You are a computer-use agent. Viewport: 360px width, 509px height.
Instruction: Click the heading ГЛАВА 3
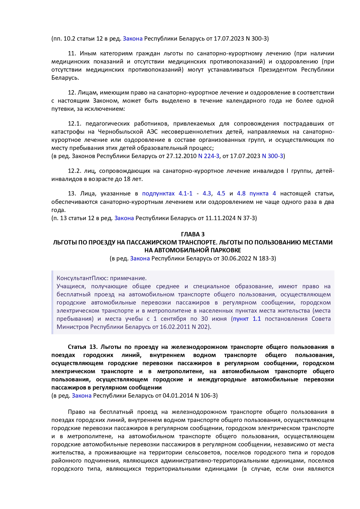(x=193, y=234)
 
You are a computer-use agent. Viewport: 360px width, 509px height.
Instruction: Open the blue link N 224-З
(x=209, y=156)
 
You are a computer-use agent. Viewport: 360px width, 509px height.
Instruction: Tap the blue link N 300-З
(x=272, y=156)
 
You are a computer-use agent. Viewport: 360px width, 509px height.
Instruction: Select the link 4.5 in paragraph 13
(x=221, y=193)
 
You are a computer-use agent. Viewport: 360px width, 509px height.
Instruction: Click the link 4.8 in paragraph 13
(x=241, y=193)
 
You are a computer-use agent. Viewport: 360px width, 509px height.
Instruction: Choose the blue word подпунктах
(x=158, y=193)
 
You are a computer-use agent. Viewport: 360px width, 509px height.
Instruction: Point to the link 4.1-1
(x=185, y=193)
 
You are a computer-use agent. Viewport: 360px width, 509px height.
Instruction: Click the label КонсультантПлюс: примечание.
(x=102, y=278)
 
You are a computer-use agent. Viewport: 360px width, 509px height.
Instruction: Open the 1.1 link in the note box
(x=257, y=319)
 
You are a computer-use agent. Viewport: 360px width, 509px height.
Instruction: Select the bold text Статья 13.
(x=83, y=347)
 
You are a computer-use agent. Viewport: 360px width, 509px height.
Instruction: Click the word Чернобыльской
(x=120, y=132)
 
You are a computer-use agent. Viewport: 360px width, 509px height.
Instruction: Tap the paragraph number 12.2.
(x=74, y=171)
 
